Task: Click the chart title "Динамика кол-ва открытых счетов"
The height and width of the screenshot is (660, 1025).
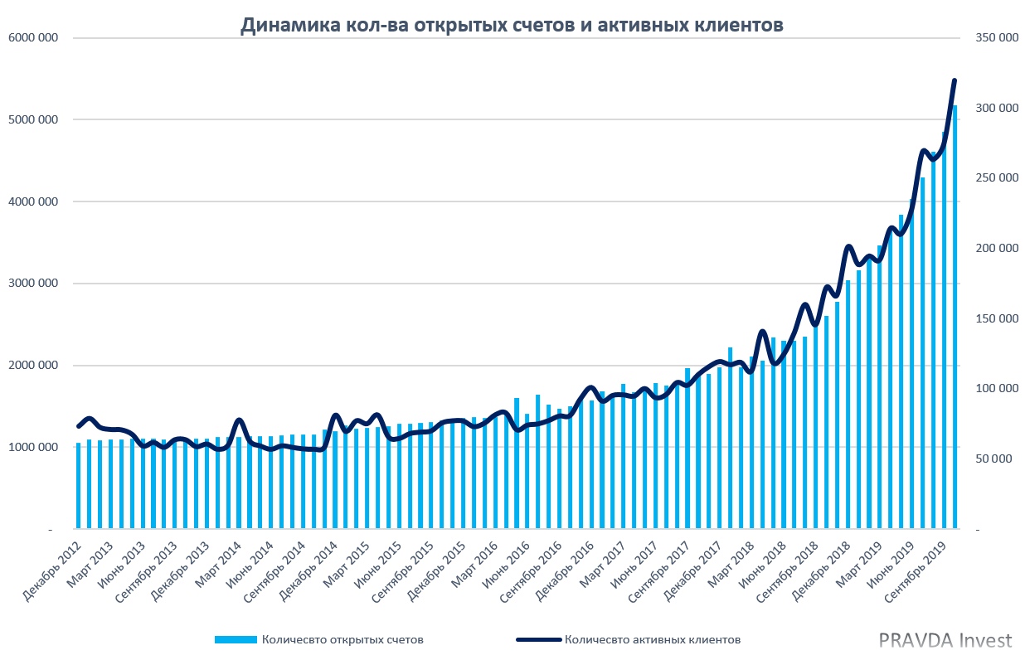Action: (512, 26)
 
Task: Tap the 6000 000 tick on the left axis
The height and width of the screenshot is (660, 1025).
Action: (34, 38)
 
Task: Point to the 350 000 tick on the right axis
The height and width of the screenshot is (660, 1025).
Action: (996, 38)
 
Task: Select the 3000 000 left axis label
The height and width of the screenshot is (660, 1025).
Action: (34, 284)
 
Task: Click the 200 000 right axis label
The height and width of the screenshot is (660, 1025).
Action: (996, 249)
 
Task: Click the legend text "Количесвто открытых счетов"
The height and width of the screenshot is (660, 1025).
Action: (342, 639)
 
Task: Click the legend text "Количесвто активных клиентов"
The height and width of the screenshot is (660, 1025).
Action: (652, 639)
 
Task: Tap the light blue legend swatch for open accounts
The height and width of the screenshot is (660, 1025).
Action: (236, 639)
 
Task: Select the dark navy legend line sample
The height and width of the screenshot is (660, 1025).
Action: (538, 639)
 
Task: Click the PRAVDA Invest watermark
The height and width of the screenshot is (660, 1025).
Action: (945, 640)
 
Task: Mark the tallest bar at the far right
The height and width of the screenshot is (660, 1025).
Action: (955, 315)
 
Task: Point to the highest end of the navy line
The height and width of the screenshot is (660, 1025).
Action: (955, 80)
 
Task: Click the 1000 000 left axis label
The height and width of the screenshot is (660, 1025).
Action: (34, 448)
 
